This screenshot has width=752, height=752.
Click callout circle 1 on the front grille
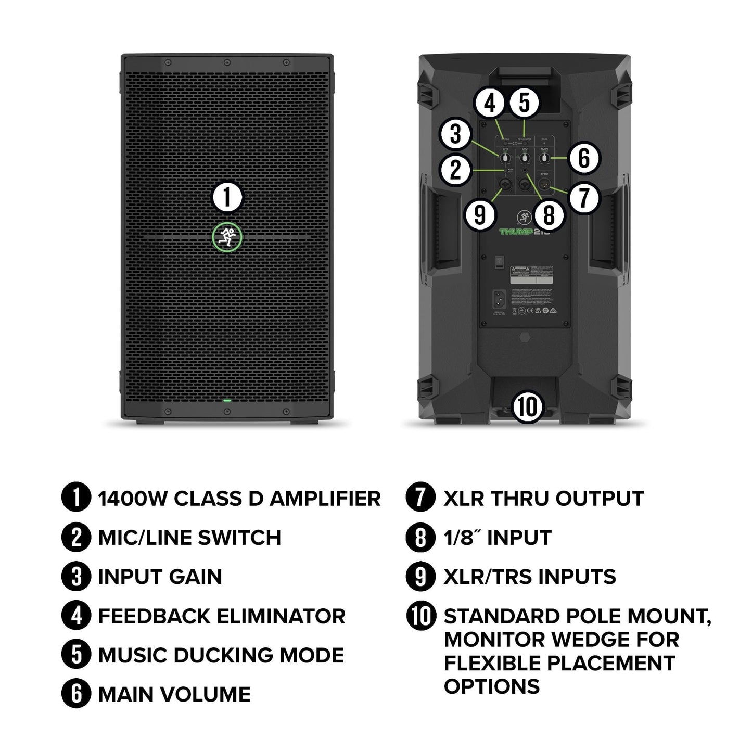tap(227, 198)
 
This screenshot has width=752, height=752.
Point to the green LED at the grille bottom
tap(227, 401)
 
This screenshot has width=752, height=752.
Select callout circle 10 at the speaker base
tap(527, 406)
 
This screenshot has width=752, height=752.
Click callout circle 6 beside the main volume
tap(584, 158)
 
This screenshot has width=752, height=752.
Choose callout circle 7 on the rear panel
tap(584, 198)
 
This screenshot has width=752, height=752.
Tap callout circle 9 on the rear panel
tap(480, 214)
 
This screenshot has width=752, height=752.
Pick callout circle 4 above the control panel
tap(490, 103)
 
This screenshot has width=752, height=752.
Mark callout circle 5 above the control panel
tap(524, 103)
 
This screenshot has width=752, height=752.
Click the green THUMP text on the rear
tap(517, 231)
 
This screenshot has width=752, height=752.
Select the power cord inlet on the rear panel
tap(499, 299)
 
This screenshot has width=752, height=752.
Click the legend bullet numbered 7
tap(420, 498)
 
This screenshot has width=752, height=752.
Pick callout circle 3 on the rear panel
tap(455, 134)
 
